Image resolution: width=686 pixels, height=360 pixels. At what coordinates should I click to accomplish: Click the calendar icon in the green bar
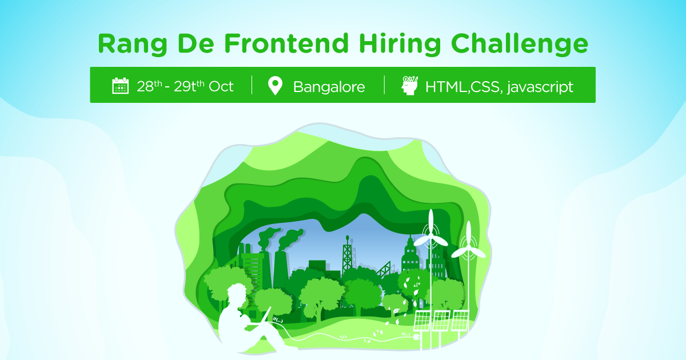(x=120, y=86)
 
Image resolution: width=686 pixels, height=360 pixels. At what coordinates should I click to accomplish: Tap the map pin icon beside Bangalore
(x=276, y=86)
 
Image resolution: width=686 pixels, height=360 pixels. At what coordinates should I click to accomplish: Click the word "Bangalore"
(x=329, y=87)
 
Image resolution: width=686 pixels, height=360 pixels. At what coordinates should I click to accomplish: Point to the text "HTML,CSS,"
(x=464, y=87)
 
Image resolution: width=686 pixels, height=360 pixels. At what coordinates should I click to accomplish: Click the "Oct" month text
(x=222, y=86)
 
